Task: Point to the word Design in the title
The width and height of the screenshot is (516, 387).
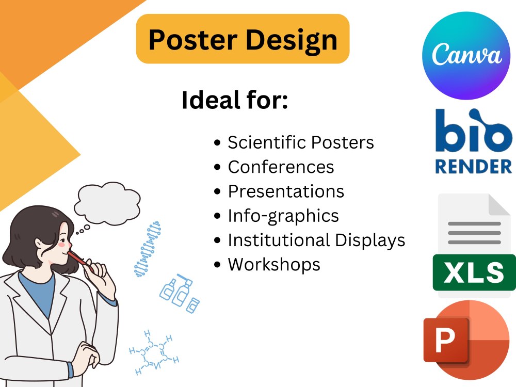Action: pos(286,39)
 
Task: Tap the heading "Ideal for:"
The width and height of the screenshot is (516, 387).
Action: pos(234,101)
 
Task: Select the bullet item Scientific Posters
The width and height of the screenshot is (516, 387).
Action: pos(301,142)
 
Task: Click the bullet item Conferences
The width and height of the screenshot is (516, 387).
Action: pos(281,167)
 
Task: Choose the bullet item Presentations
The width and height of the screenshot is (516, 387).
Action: pos(286,191)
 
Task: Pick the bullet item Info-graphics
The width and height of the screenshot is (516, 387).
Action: pos(283,215)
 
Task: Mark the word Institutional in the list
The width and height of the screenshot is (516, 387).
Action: pos(278,240)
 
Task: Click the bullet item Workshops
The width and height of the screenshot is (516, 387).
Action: pos(274,264)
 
